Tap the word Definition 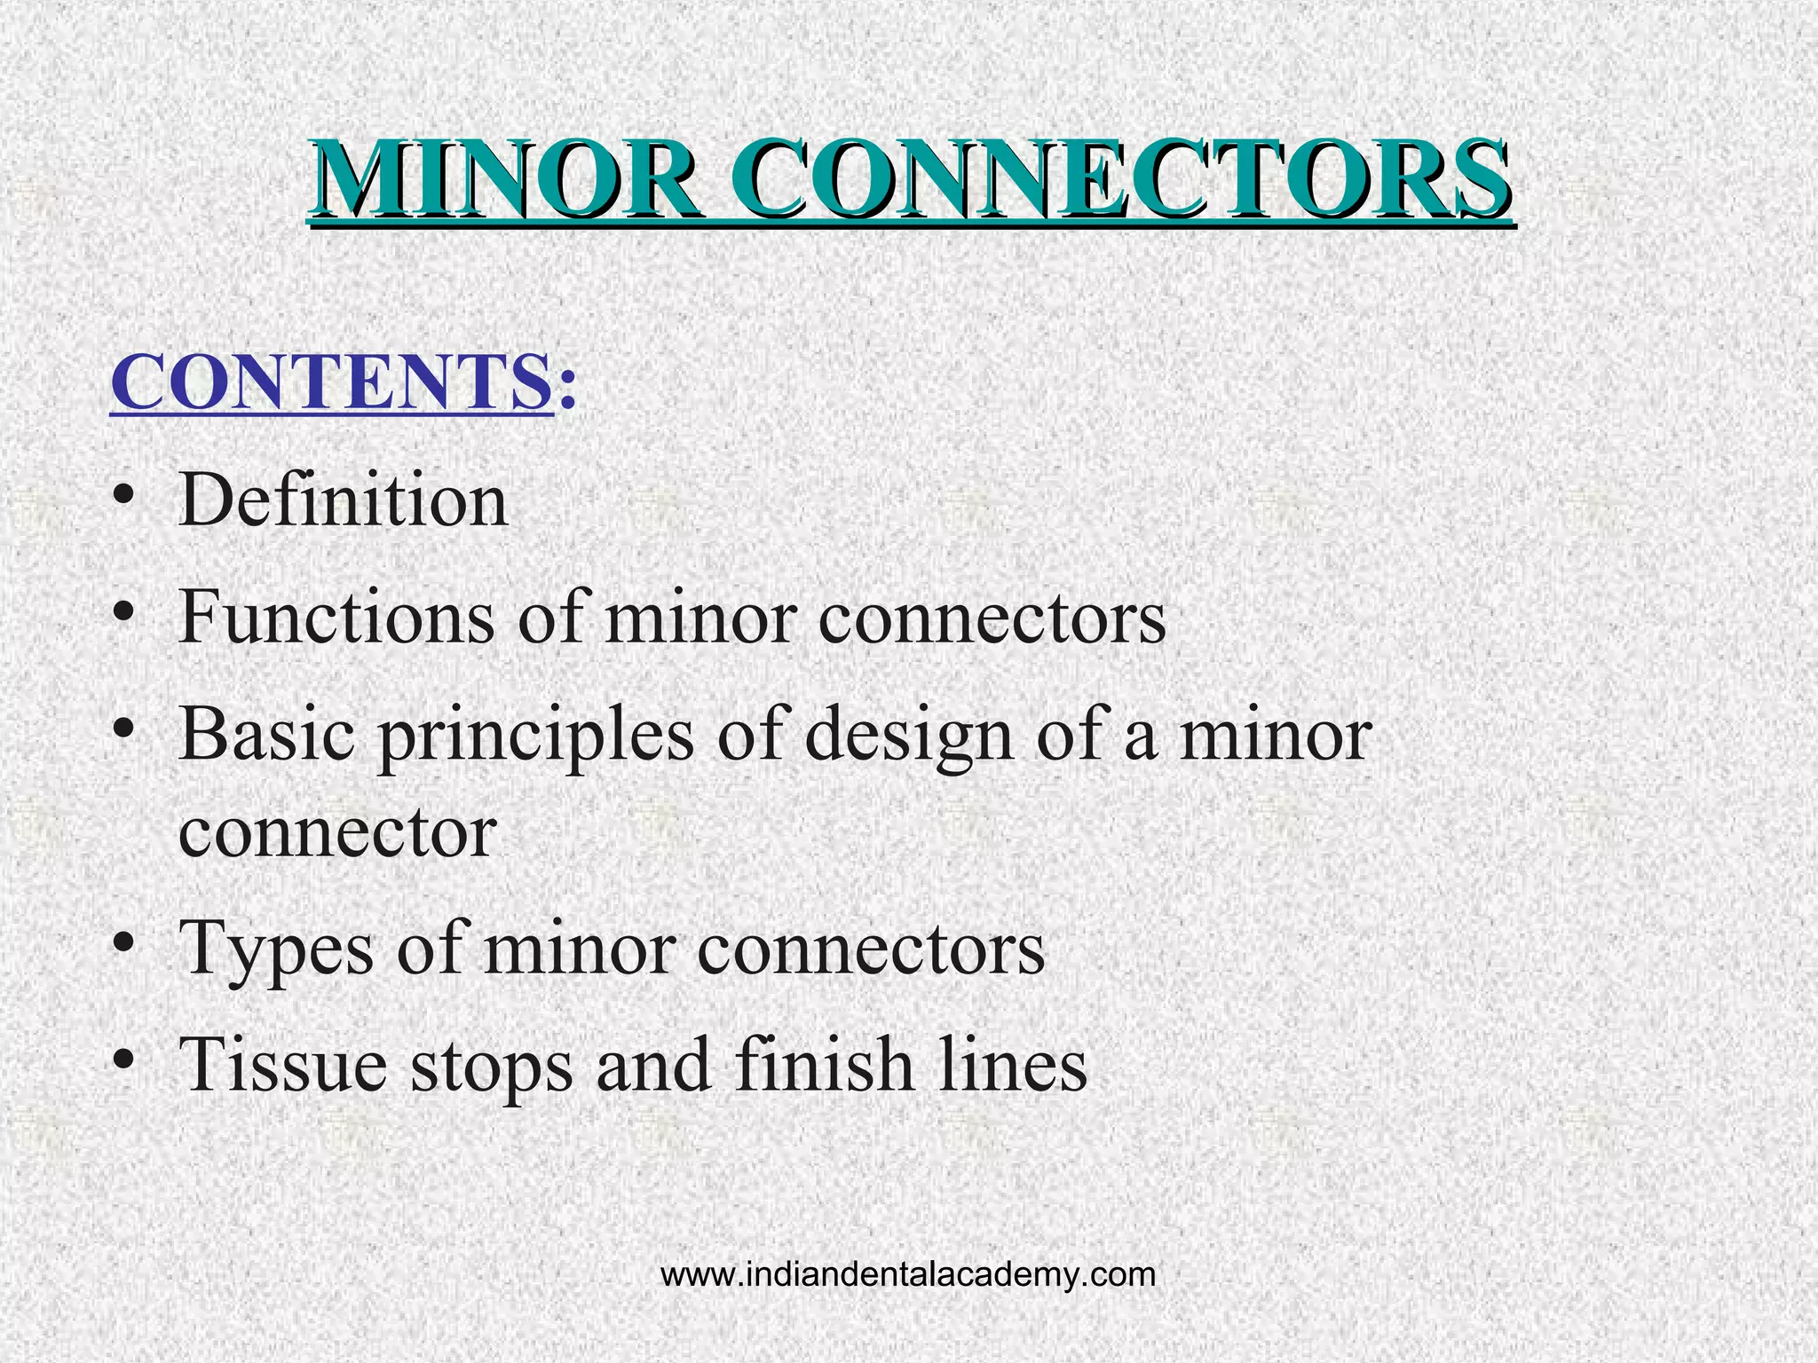pos(343,500)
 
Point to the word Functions pos(336,618)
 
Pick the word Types pos(276,949)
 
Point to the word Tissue pos(282,1064)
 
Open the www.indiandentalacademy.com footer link pos(908,1275)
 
